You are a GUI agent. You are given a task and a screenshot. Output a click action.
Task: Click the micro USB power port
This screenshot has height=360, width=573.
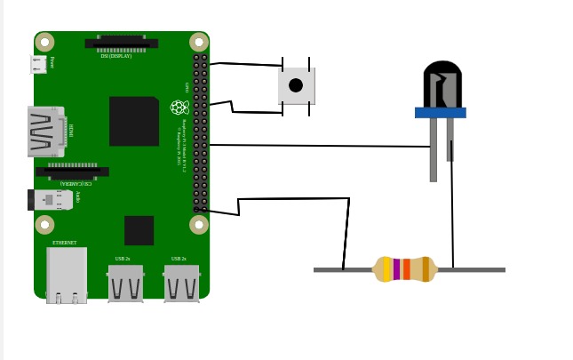coord(37,64)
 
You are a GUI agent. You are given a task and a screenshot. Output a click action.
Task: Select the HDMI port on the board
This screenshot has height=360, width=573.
coord(44,132)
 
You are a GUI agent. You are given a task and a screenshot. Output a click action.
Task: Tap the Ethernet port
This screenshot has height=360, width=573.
coord(67,275)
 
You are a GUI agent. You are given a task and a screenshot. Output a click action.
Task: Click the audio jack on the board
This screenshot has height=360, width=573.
coord(52,199)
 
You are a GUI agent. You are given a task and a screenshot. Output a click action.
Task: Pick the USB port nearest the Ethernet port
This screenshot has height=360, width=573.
coord(125,284)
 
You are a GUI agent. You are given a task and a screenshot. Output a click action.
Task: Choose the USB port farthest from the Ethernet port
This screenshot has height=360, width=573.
coord(181,284)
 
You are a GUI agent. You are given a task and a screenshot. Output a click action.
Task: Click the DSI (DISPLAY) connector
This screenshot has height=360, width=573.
coord(121,43)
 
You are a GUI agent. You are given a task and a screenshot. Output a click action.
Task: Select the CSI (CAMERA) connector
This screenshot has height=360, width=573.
coord(73,171)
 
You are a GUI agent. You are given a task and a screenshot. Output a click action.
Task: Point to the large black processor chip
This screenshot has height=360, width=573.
coord(133,121)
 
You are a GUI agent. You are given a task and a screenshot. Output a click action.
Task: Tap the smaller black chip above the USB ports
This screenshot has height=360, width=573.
coord(139,230)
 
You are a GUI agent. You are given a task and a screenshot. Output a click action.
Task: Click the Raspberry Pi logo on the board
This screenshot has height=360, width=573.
coord(179,108)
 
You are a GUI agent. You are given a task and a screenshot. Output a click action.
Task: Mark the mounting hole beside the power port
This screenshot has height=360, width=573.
coord(44,42)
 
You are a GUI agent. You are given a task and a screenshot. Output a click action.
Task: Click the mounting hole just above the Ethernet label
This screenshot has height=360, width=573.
coord(44,224)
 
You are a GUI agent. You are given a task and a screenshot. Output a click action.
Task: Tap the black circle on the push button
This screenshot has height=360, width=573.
coord(296,85)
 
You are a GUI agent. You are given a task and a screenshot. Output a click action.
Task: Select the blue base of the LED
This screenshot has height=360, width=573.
coord(440,113)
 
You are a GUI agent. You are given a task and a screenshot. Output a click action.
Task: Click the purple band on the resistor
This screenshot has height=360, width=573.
coord(397,269)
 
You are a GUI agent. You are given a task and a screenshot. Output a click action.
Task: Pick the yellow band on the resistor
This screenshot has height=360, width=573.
coord(387,269)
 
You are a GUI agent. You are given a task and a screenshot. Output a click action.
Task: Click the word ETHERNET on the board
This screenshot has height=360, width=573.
coord(64,243)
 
